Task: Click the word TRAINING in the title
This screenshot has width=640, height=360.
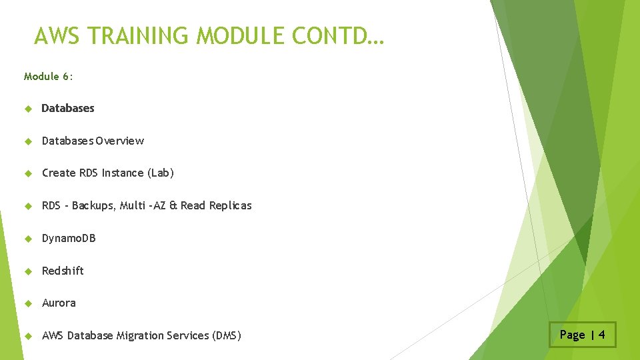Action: [x=136, y=36]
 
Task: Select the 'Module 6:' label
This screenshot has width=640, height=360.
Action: [x=49, y=77]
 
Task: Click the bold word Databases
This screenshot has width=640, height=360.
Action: [x=68, y=108]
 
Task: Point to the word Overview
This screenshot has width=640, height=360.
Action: [x=119, y=141]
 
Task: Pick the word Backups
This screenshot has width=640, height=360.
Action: [x=93, y=206]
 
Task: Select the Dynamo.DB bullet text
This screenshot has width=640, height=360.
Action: [x=69, y=238]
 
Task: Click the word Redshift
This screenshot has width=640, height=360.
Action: [x=63, y=271]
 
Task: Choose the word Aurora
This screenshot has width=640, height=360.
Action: [x=59, y=303]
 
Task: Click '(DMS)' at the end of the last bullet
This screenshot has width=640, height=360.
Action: [x=226, y=336]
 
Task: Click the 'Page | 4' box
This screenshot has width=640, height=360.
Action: [x=583, y=335]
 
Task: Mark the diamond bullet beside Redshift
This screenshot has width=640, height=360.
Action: [x=27, y=271]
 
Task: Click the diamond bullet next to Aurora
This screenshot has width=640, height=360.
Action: [x=27, y=303]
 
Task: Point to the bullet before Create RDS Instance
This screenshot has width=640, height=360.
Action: [x=27, y=173]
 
